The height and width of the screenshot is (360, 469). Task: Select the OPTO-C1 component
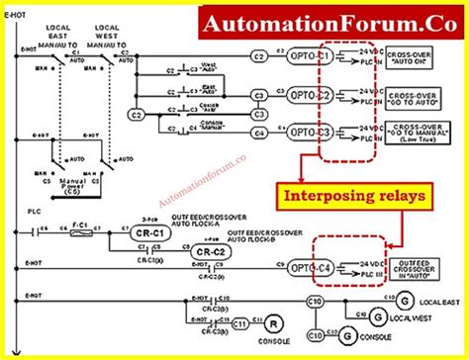coord(308,60)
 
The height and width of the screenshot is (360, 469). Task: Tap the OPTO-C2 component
coord(308,96)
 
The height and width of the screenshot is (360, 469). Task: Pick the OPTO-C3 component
coord(308,131)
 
